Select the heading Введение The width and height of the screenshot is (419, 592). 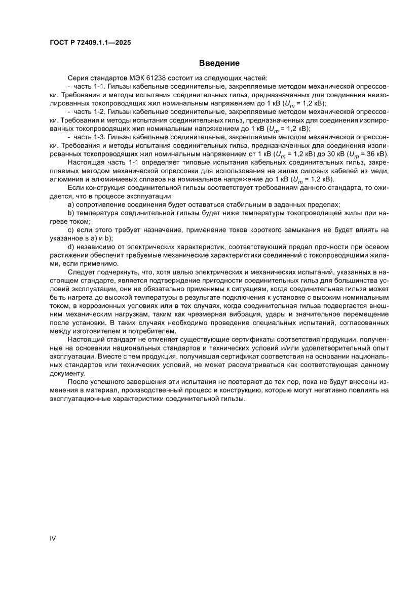coord(219,63)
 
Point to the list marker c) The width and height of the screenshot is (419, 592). coord(70,229)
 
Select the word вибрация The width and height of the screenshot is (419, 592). coord(219,314)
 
